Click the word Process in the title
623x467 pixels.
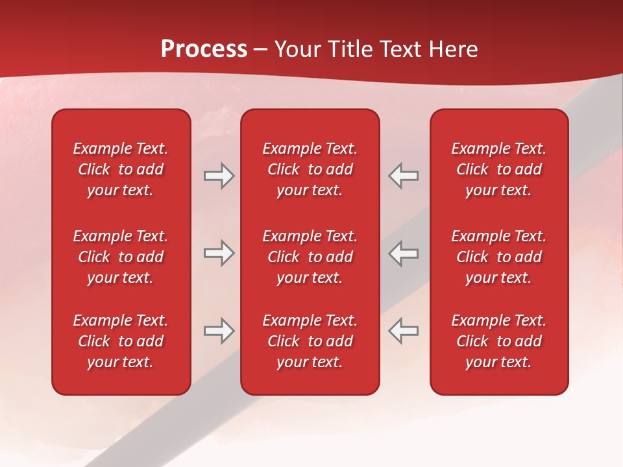[x=204, y=49]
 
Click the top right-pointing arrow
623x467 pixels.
[x=219, y=176]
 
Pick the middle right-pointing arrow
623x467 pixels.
[x=219, y=253]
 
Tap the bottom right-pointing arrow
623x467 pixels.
[x=219, y=331]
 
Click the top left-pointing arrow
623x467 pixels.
[x=404, y=176]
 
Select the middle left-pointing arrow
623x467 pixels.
[x=404, y=253]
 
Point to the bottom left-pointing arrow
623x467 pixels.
[x=404, y=331]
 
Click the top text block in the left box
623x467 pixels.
[x=121, y=169]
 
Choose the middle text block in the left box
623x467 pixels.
[x=121, y=257]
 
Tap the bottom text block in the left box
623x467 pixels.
[x=121, y=341]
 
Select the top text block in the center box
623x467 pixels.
[x=310, y=169]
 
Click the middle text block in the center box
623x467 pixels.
[x=310, y=257]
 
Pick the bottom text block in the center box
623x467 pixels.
[x=310, y=341]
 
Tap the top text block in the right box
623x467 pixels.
[x=498, y=169]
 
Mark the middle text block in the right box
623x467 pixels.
[x=498, y=257]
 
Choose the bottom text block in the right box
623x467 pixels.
[x=498, y=341]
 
